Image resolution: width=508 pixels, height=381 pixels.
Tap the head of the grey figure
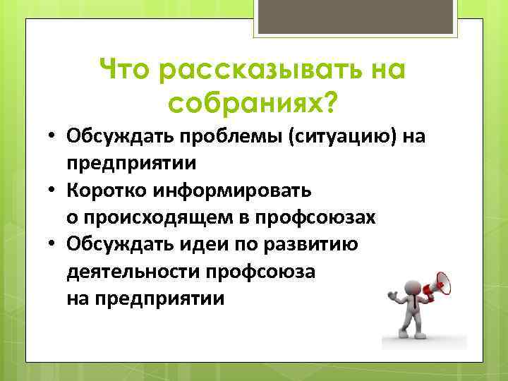(x=412, y=286)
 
